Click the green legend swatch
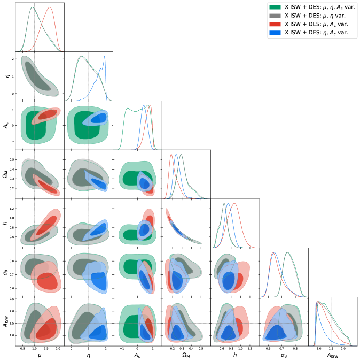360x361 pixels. pos(276,7)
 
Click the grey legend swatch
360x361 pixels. pos(276,16)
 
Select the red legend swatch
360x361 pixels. pos(276,25)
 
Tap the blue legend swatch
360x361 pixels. pos(276,33)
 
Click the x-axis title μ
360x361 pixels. pos(40,355)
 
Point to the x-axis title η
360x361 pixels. pos(89,355)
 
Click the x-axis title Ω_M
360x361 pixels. pos(186,355)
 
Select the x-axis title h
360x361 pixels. pos(236,355)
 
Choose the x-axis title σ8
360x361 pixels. pos(284,355)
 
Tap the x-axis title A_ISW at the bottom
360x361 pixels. pos(333,355)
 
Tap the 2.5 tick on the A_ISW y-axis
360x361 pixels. pos(11,298)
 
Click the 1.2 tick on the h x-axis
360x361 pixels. pos(251,348)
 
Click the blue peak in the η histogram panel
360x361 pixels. pos(105,56)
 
